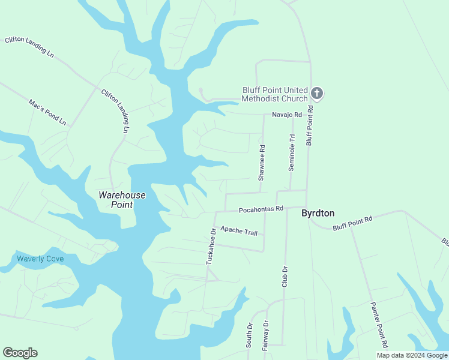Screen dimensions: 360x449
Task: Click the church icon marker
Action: point(317,94)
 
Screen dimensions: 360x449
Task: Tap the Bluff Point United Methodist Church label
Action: point(275,94)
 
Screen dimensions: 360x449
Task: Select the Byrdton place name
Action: point(318,213)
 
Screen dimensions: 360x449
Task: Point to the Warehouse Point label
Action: point(122,200)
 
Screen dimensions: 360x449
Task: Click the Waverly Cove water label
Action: point(40,259)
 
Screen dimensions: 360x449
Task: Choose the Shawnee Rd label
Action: point(261,163)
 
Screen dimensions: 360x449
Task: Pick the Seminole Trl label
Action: point(292,152)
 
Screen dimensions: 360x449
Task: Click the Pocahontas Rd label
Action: point(261,209)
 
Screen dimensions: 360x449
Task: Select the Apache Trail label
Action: point(238,230)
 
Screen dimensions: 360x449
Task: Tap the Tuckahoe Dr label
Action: point(211,246)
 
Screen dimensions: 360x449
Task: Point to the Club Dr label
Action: point(285,277)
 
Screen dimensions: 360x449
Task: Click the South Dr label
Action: point(249,335)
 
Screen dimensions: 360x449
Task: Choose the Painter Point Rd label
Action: point(380,325)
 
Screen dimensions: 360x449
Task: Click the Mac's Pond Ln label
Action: point(47,112)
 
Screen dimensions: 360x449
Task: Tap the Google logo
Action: point(20,353)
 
